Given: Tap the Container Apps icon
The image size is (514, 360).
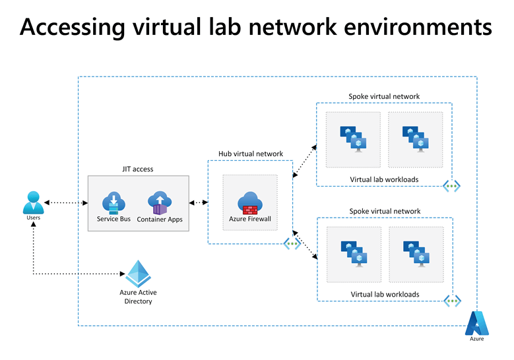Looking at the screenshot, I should tap(159, 202).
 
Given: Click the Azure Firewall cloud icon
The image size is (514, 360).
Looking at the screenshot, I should tap(250, 202).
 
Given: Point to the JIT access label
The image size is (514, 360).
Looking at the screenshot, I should tap(138, 169).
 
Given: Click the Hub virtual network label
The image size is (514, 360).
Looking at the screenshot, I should tap(251, 154).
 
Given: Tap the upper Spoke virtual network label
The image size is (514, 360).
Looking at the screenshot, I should tap(384, 96).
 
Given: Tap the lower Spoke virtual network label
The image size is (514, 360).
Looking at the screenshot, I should tap(384, 211).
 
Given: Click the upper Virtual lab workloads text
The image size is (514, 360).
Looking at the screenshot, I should tap(384, 179).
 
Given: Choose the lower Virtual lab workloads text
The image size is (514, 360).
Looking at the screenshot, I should tap(384, 294).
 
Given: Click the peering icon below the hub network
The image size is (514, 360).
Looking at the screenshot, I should tap(292, 243).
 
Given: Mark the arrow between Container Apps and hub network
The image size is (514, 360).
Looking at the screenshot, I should tap(198, 202).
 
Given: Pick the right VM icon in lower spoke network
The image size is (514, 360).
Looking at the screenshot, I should tap(416, 253).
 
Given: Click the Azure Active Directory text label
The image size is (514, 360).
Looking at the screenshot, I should tap(138, 297).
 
